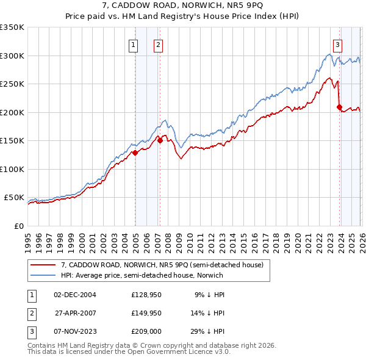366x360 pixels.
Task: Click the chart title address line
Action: (183, 5)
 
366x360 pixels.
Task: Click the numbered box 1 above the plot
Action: (133, 44)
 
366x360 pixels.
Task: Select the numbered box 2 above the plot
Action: (158, 44)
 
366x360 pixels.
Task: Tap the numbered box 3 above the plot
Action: (337, 44)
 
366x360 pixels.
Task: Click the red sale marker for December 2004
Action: (135, 153)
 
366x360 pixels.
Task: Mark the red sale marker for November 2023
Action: (339, 107)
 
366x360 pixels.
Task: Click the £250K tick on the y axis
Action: (12, 84)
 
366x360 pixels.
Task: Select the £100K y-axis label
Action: (12, 169)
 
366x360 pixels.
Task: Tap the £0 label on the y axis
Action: (20, 226)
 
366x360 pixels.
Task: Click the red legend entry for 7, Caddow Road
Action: (162, 265)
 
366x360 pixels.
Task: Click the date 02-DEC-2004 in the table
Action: (75, 294)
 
